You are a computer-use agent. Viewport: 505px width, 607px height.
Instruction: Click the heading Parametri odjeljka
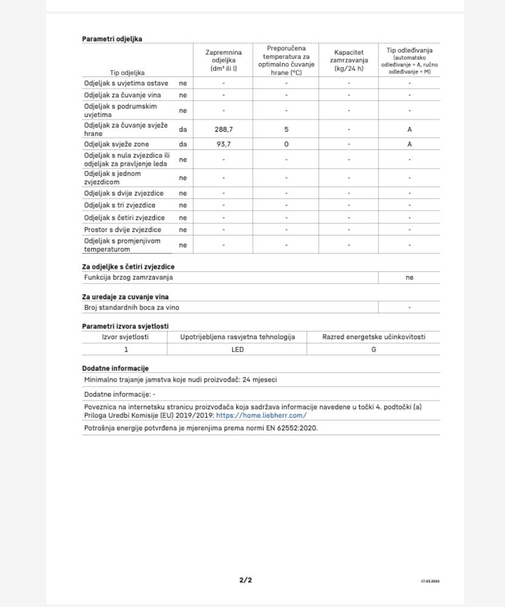coord(112,39)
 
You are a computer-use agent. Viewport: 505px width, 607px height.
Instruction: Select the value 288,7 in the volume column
coord(223,129)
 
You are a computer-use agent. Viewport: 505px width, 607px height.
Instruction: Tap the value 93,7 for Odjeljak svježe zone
coord(223,144)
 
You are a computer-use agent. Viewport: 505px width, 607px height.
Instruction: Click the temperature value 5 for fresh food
coord(286,129)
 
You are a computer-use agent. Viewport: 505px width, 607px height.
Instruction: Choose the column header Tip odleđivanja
coord(410,50)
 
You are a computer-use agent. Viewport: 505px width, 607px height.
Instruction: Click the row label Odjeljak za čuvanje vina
coord(126,95)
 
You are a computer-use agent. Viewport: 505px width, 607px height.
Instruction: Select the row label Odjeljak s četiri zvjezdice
coord(125,217)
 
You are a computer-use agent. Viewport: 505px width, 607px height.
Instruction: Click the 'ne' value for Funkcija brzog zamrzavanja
coord(410,277)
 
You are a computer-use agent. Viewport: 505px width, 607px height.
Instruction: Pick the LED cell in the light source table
coord(237,350)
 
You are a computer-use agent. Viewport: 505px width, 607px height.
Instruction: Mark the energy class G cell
coord(374,350)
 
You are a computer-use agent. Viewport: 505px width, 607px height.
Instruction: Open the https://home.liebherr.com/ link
coord(261,416)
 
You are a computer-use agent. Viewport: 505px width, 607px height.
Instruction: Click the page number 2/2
coord(246,580)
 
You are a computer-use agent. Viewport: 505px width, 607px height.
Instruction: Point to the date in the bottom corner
coord(430,581)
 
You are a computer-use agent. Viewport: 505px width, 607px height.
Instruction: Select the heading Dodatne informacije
coord(115,368)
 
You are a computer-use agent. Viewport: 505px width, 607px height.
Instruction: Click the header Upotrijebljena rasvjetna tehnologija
coord(237,337)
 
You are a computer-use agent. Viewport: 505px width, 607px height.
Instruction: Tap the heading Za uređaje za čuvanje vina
coord(125,297)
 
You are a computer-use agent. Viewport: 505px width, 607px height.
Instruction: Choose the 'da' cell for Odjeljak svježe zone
coord(183,144)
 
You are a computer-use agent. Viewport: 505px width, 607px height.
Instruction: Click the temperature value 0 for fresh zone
coord(286,144)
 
